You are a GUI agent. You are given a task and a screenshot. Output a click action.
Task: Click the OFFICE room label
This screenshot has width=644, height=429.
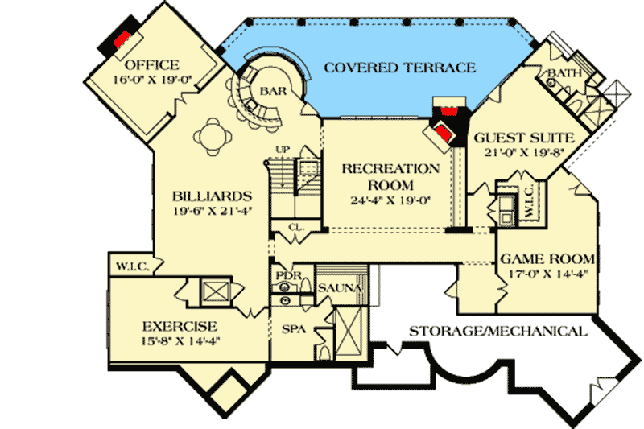tap(152, 64)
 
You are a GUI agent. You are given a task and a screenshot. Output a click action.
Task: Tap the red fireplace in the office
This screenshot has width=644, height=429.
tap(122, 38)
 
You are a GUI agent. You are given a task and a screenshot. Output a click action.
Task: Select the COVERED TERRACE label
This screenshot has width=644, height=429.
tap(399, 67)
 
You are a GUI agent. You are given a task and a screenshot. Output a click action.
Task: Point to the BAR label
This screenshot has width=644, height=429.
tap(268, 91)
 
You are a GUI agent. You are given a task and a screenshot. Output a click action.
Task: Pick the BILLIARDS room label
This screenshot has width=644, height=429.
tap(213, 196)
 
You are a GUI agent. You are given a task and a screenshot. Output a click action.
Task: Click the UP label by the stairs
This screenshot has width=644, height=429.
tap(282, 150)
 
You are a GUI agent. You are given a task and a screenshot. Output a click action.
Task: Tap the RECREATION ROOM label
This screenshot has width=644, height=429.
tap(391, 176)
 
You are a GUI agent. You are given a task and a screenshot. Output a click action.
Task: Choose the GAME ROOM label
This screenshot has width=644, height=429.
tap(547, 260)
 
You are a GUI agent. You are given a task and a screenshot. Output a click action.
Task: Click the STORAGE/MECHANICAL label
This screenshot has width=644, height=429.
tap(497, 332)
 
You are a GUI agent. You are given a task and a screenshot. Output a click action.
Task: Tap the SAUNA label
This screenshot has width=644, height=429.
tap(338, 287)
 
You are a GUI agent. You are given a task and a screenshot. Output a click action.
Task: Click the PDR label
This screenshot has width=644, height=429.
tap(287, 276)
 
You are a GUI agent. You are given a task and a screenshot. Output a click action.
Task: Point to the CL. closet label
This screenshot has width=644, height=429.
tap(295, 228)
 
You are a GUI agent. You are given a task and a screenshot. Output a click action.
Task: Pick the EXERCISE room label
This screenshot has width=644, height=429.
tap(180, 327)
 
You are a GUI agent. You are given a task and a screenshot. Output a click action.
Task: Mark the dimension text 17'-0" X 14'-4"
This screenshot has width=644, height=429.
tap(547, 274)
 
